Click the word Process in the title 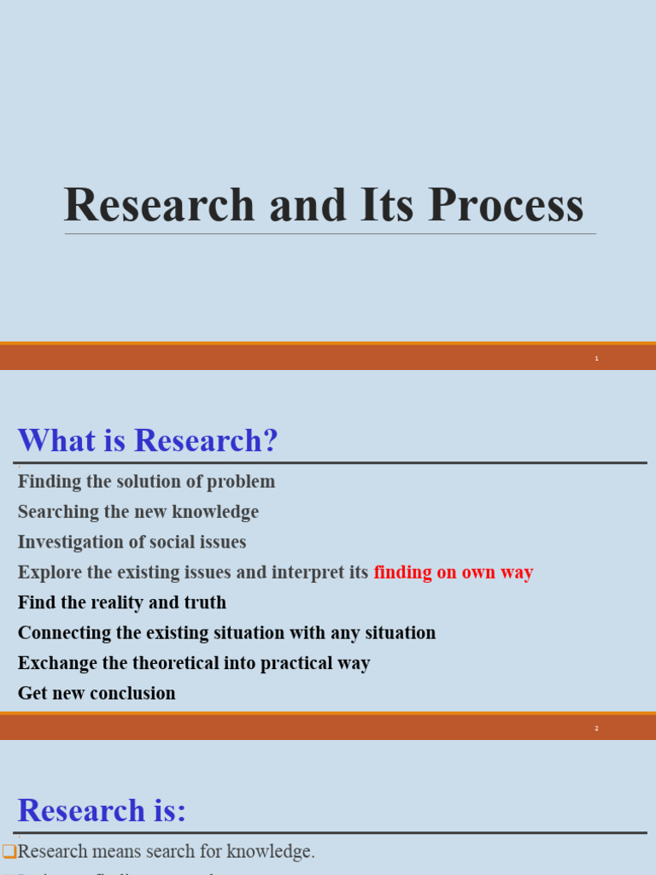pyautogui.click(x=506, y=206)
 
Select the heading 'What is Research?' pyautogui.click(x=148, y=441)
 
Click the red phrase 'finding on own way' pyautogui.click(x=454, y=573)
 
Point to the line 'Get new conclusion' pyautogui.click(x=97, y=693)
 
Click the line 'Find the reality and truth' pyautogui.click(x=122, y=602)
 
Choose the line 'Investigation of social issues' pyautogui.click(x=132, y=542)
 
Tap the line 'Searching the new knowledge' pyautogui.click(x=138, y=512)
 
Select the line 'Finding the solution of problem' pyautogui.click(x=146, y=481)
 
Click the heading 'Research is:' pyautogui.click(x=102, y=810)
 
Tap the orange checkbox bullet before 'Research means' pyautogui.click(x=9, y=851)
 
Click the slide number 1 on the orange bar pyautogui.click(x=596, y=358)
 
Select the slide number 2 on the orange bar pyautogui.click(x=596, y=728)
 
